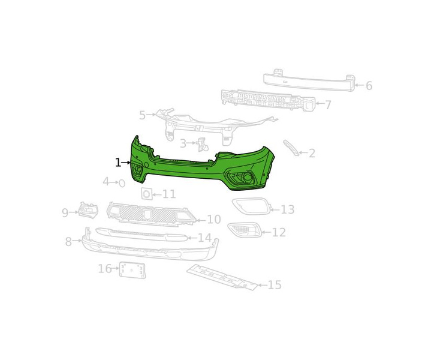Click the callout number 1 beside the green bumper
118,163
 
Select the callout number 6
369,86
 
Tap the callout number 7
328,105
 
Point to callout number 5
142,115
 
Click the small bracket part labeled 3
202,144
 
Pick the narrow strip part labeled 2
291,148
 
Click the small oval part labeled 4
122,183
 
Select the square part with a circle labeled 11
146,193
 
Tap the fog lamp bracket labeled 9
88,211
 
